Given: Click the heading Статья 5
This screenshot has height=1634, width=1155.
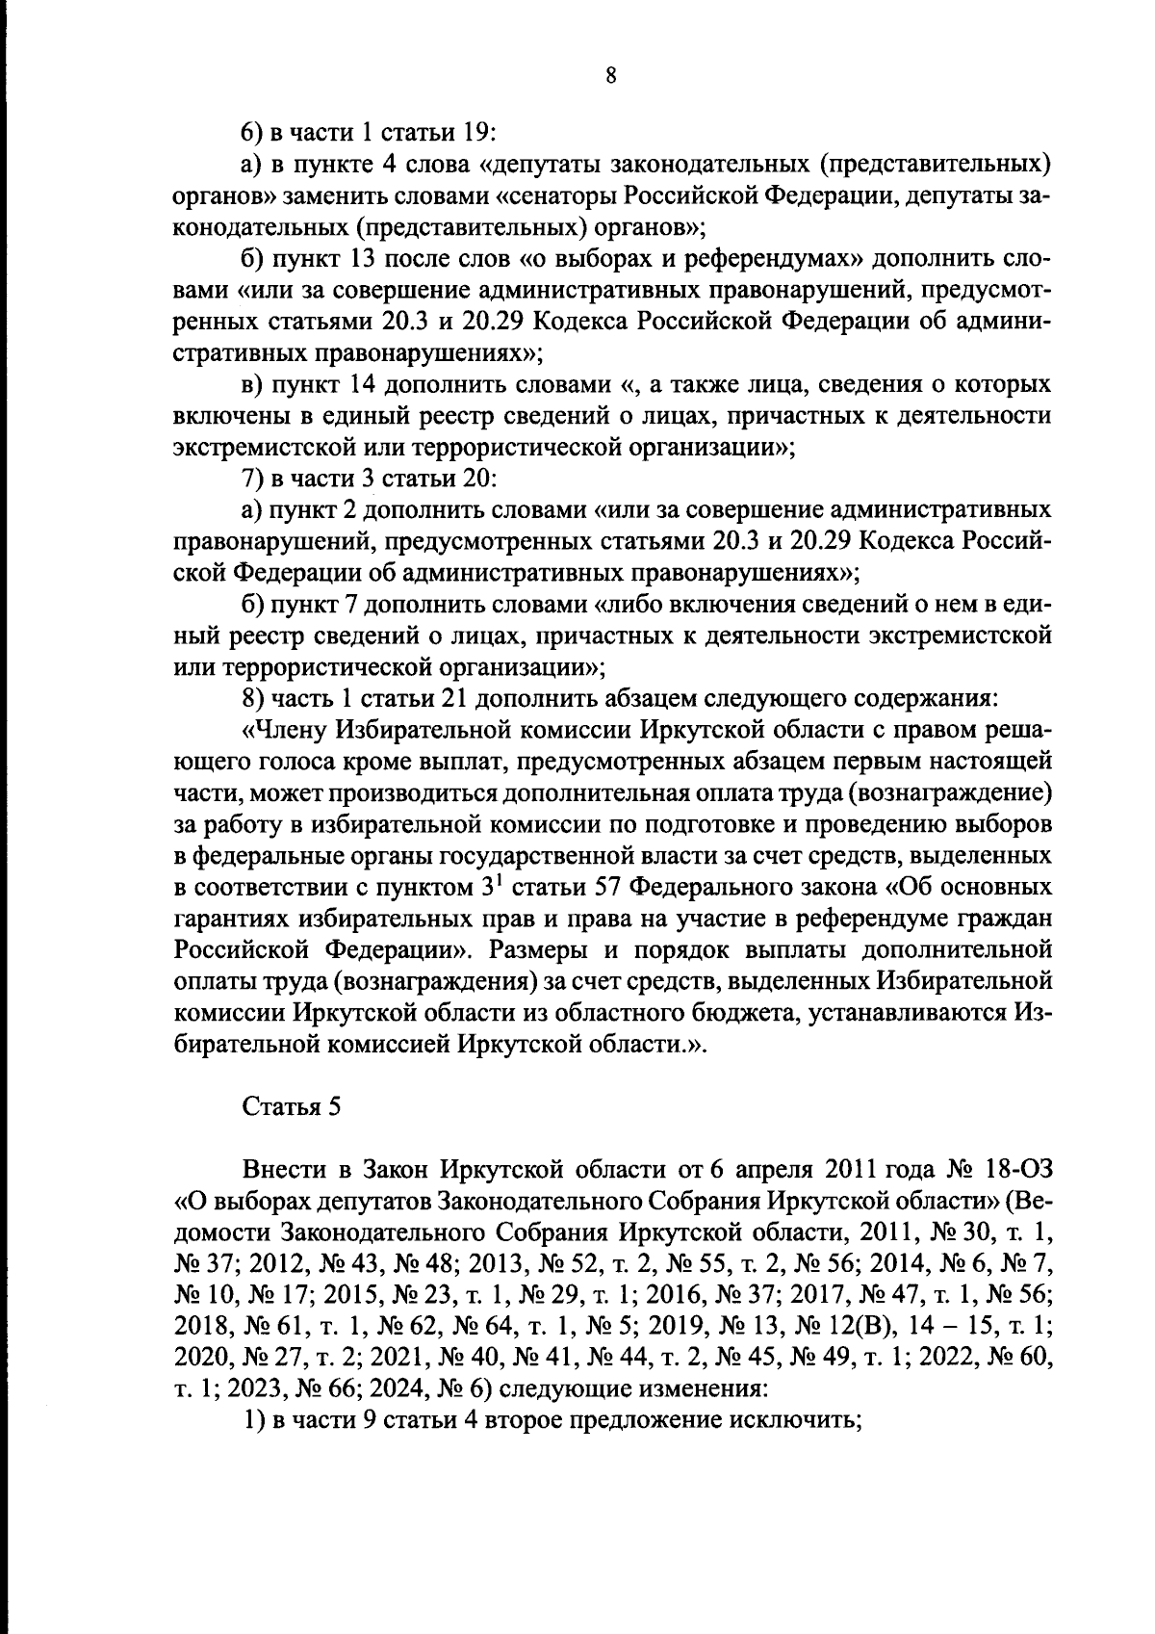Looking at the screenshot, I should click(291, 1106).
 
